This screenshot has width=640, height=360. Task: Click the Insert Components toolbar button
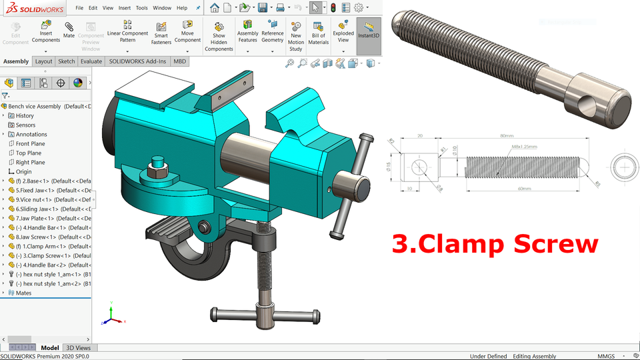click(45, 31)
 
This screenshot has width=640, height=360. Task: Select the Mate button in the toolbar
click(69, 30)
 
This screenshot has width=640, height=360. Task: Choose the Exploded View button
click(343, 31)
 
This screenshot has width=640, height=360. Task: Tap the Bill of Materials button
click(318, 31)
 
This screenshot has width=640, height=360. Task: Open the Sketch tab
click(67, 61)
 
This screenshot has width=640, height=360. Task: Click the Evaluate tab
click(91, 61)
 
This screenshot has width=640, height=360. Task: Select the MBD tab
click(180, 61)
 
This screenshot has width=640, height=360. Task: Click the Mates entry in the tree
click(23, 293)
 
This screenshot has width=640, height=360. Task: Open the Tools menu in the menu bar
click(142, 8)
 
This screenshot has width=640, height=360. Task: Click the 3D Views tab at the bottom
click(78, 348)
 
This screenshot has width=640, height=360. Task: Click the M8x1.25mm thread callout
click(524, 147)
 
